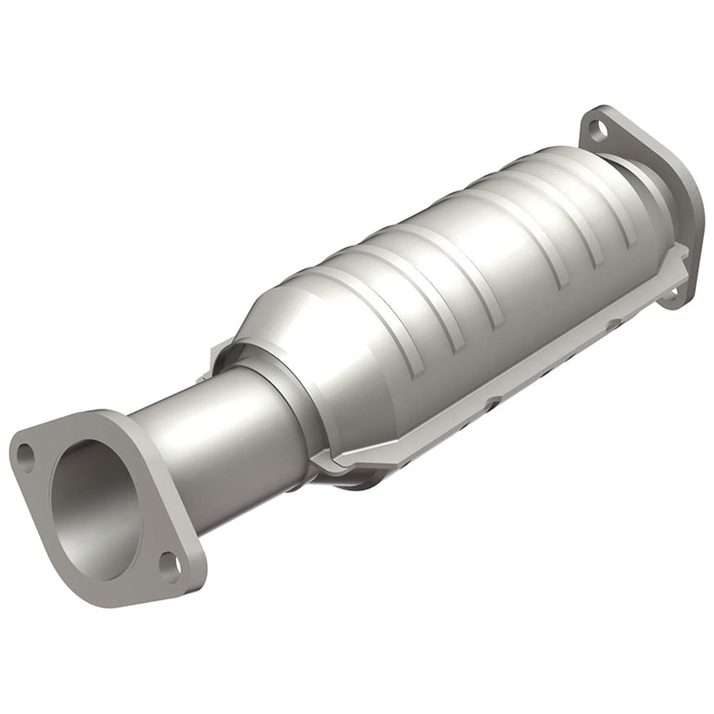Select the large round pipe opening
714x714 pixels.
click(x=96, y=508)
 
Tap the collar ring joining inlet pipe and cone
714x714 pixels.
click(x=286, y=400)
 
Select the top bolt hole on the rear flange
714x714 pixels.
click(x=598, y=130)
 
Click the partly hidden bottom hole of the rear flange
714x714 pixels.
click(x=671, y=292)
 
